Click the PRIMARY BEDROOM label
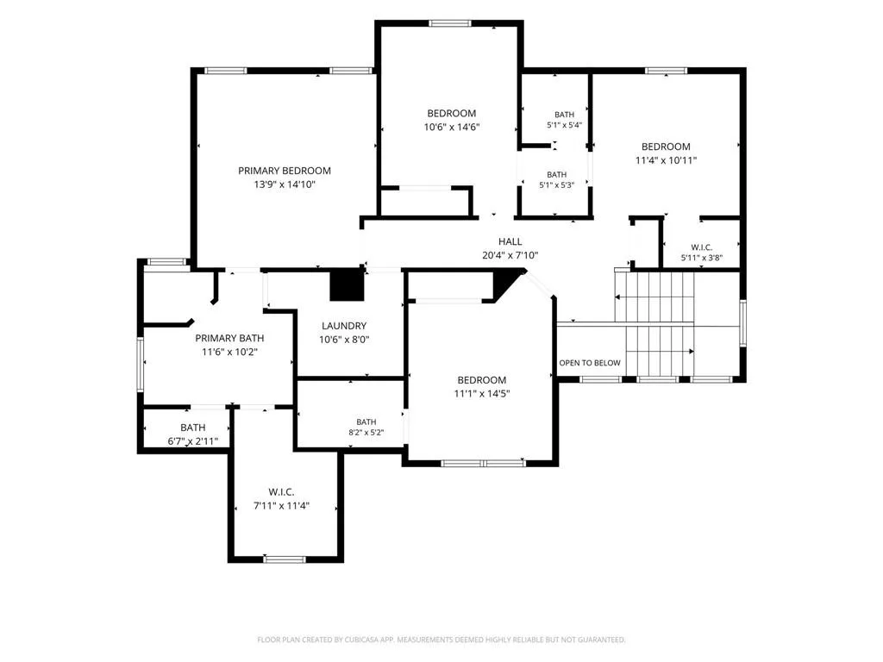coord(285,171)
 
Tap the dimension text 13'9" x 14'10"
coord(285,184)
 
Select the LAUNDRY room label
coord(344,326)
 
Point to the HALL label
coord(510,241)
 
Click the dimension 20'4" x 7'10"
coord(510,255)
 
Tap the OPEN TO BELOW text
coord(590,363)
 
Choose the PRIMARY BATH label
coord(229,338)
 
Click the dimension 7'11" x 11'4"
coord(282,506)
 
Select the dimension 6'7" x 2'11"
coord(193,442)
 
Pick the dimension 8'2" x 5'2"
coord(366,433)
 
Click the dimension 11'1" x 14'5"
coord(482,394)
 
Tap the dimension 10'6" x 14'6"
coord(452,128)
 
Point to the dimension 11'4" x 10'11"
coord(667,160)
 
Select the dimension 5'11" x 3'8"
coord(702,259)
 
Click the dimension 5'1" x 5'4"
coord(564,126)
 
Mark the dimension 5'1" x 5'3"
coord(557,185)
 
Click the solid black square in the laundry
coord(347,284)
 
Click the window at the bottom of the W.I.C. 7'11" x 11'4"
coord(285,559)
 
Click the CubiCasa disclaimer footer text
coord(441,640)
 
